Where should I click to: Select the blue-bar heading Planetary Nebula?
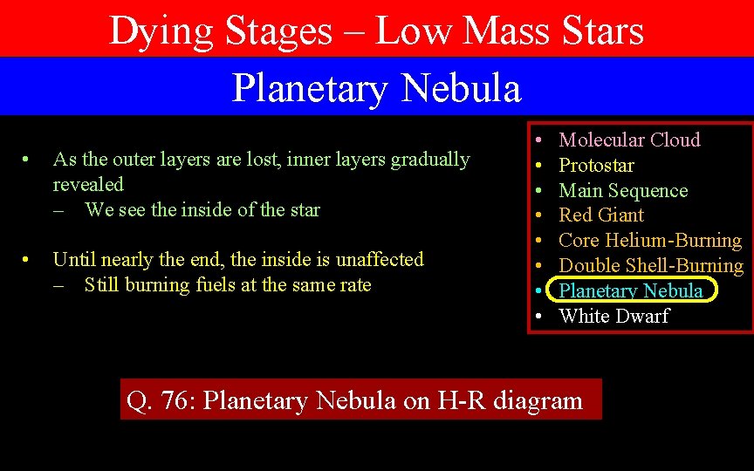tap(376, 88)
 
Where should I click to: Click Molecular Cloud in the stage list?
tap(629, 140)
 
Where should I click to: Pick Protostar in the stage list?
tap(596, 165)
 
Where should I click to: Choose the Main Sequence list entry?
tap(623, 190)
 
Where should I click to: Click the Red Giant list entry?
tap(601, 215)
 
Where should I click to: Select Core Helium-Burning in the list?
tap(650, 240)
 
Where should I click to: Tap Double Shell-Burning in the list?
tap(651, 265)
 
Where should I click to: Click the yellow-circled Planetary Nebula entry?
tap(630, 290)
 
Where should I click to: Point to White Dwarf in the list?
tap(614, 316)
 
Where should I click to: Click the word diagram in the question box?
tap(538, 401)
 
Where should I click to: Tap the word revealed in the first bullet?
tap(88, 184)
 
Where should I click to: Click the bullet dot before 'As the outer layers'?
tap(28, 160)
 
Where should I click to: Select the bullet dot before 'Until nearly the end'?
tap(28, 260)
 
